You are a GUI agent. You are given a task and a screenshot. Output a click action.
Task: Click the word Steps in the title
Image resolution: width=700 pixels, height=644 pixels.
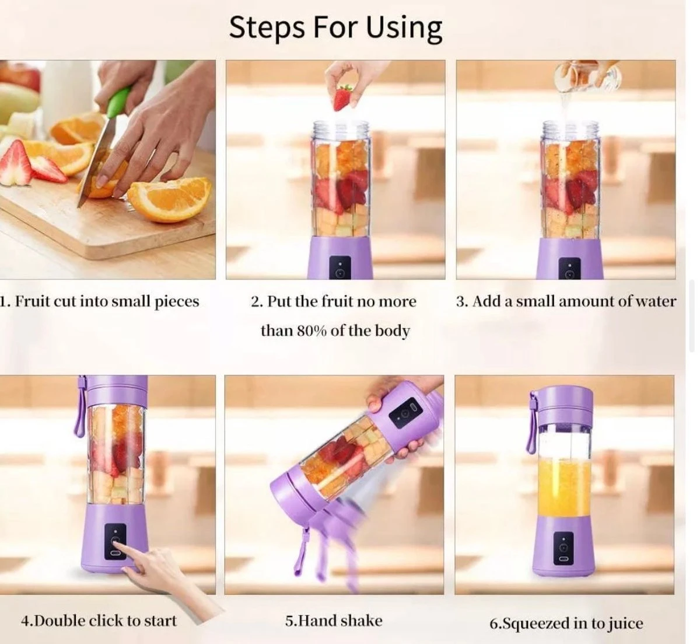(267, 27)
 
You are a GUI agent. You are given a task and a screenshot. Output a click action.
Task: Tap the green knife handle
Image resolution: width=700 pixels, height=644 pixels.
(118, 102)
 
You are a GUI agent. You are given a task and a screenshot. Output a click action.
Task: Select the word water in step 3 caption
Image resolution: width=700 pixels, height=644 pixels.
(656, 301)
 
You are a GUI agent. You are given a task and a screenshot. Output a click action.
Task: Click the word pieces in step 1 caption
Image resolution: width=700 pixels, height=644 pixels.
(177, 302)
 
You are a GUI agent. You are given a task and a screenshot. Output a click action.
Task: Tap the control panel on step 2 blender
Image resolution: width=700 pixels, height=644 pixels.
(340, 267)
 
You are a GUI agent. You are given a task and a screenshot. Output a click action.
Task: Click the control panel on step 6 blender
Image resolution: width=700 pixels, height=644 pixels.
(563, 549)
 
